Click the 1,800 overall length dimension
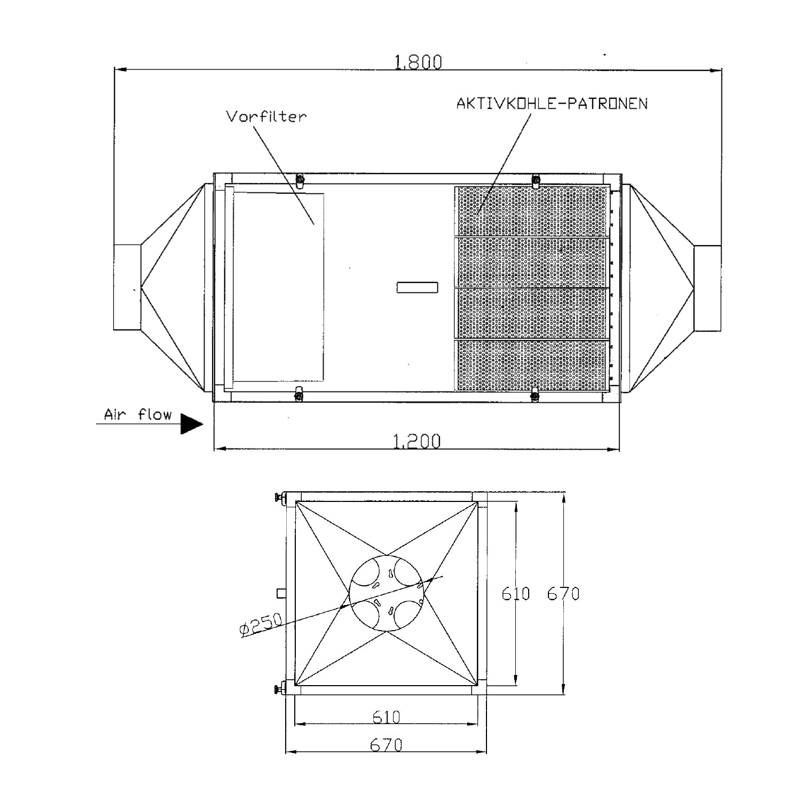point(418,62)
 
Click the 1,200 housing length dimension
point(417,442)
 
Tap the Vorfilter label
point(266,117)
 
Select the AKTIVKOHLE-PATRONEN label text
point(552,103)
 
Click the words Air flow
point(138,414)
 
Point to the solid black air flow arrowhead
point(192,424)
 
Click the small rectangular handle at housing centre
point(418,287)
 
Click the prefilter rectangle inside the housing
point(278,287)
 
